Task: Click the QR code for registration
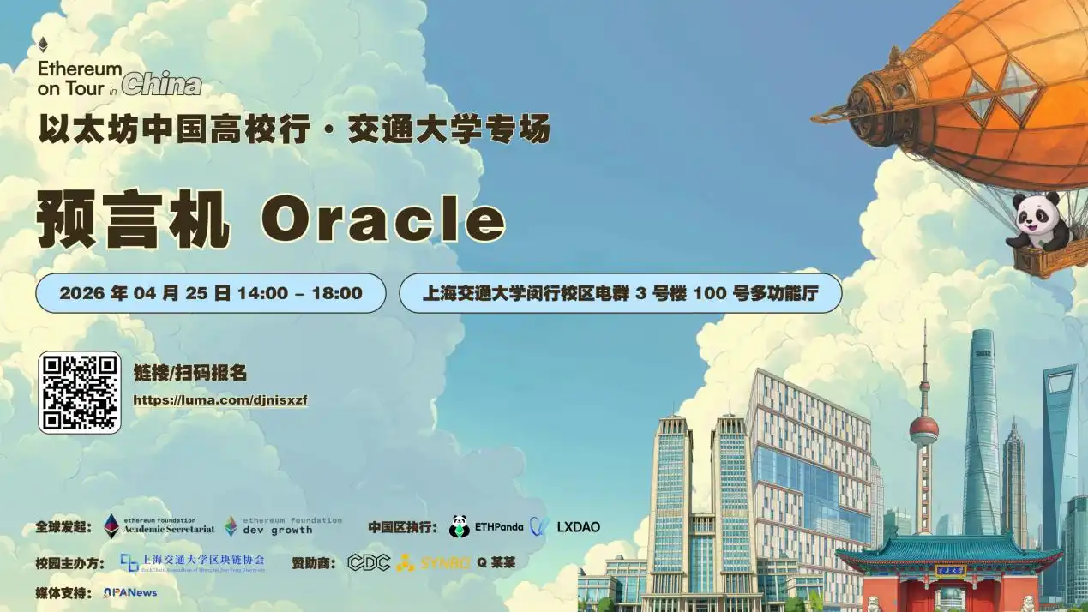coord(80,392)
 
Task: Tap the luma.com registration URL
coord(220,400)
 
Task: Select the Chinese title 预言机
coord(133,220)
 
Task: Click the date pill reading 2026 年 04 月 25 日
coord(211,293)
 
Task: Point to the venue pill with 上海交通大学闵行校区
coord(620,293)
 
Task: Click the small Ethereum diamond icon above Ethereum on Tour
coord(43,45)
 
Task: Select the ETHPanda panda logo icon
coord(459,526)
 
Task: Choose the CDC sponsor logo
coord(369,562)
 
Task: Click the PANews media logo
coord(130,592)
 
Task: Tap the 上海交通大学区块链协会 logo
coord(193,562)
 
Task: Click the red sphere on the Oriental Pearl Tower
coord(923,429)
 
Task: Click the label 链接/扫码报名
coord(190,373)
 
